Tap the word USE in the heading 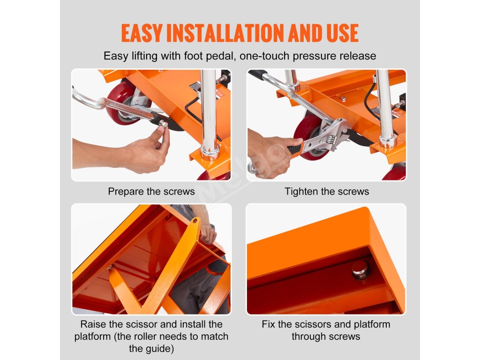342,33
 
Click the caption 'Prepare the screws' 151,192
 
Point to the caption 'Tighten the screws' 327,192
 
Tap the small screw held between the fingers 163,124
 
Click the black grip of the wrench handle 295,150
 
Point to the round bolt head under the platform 360,270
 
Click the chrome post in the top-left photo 209,114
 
